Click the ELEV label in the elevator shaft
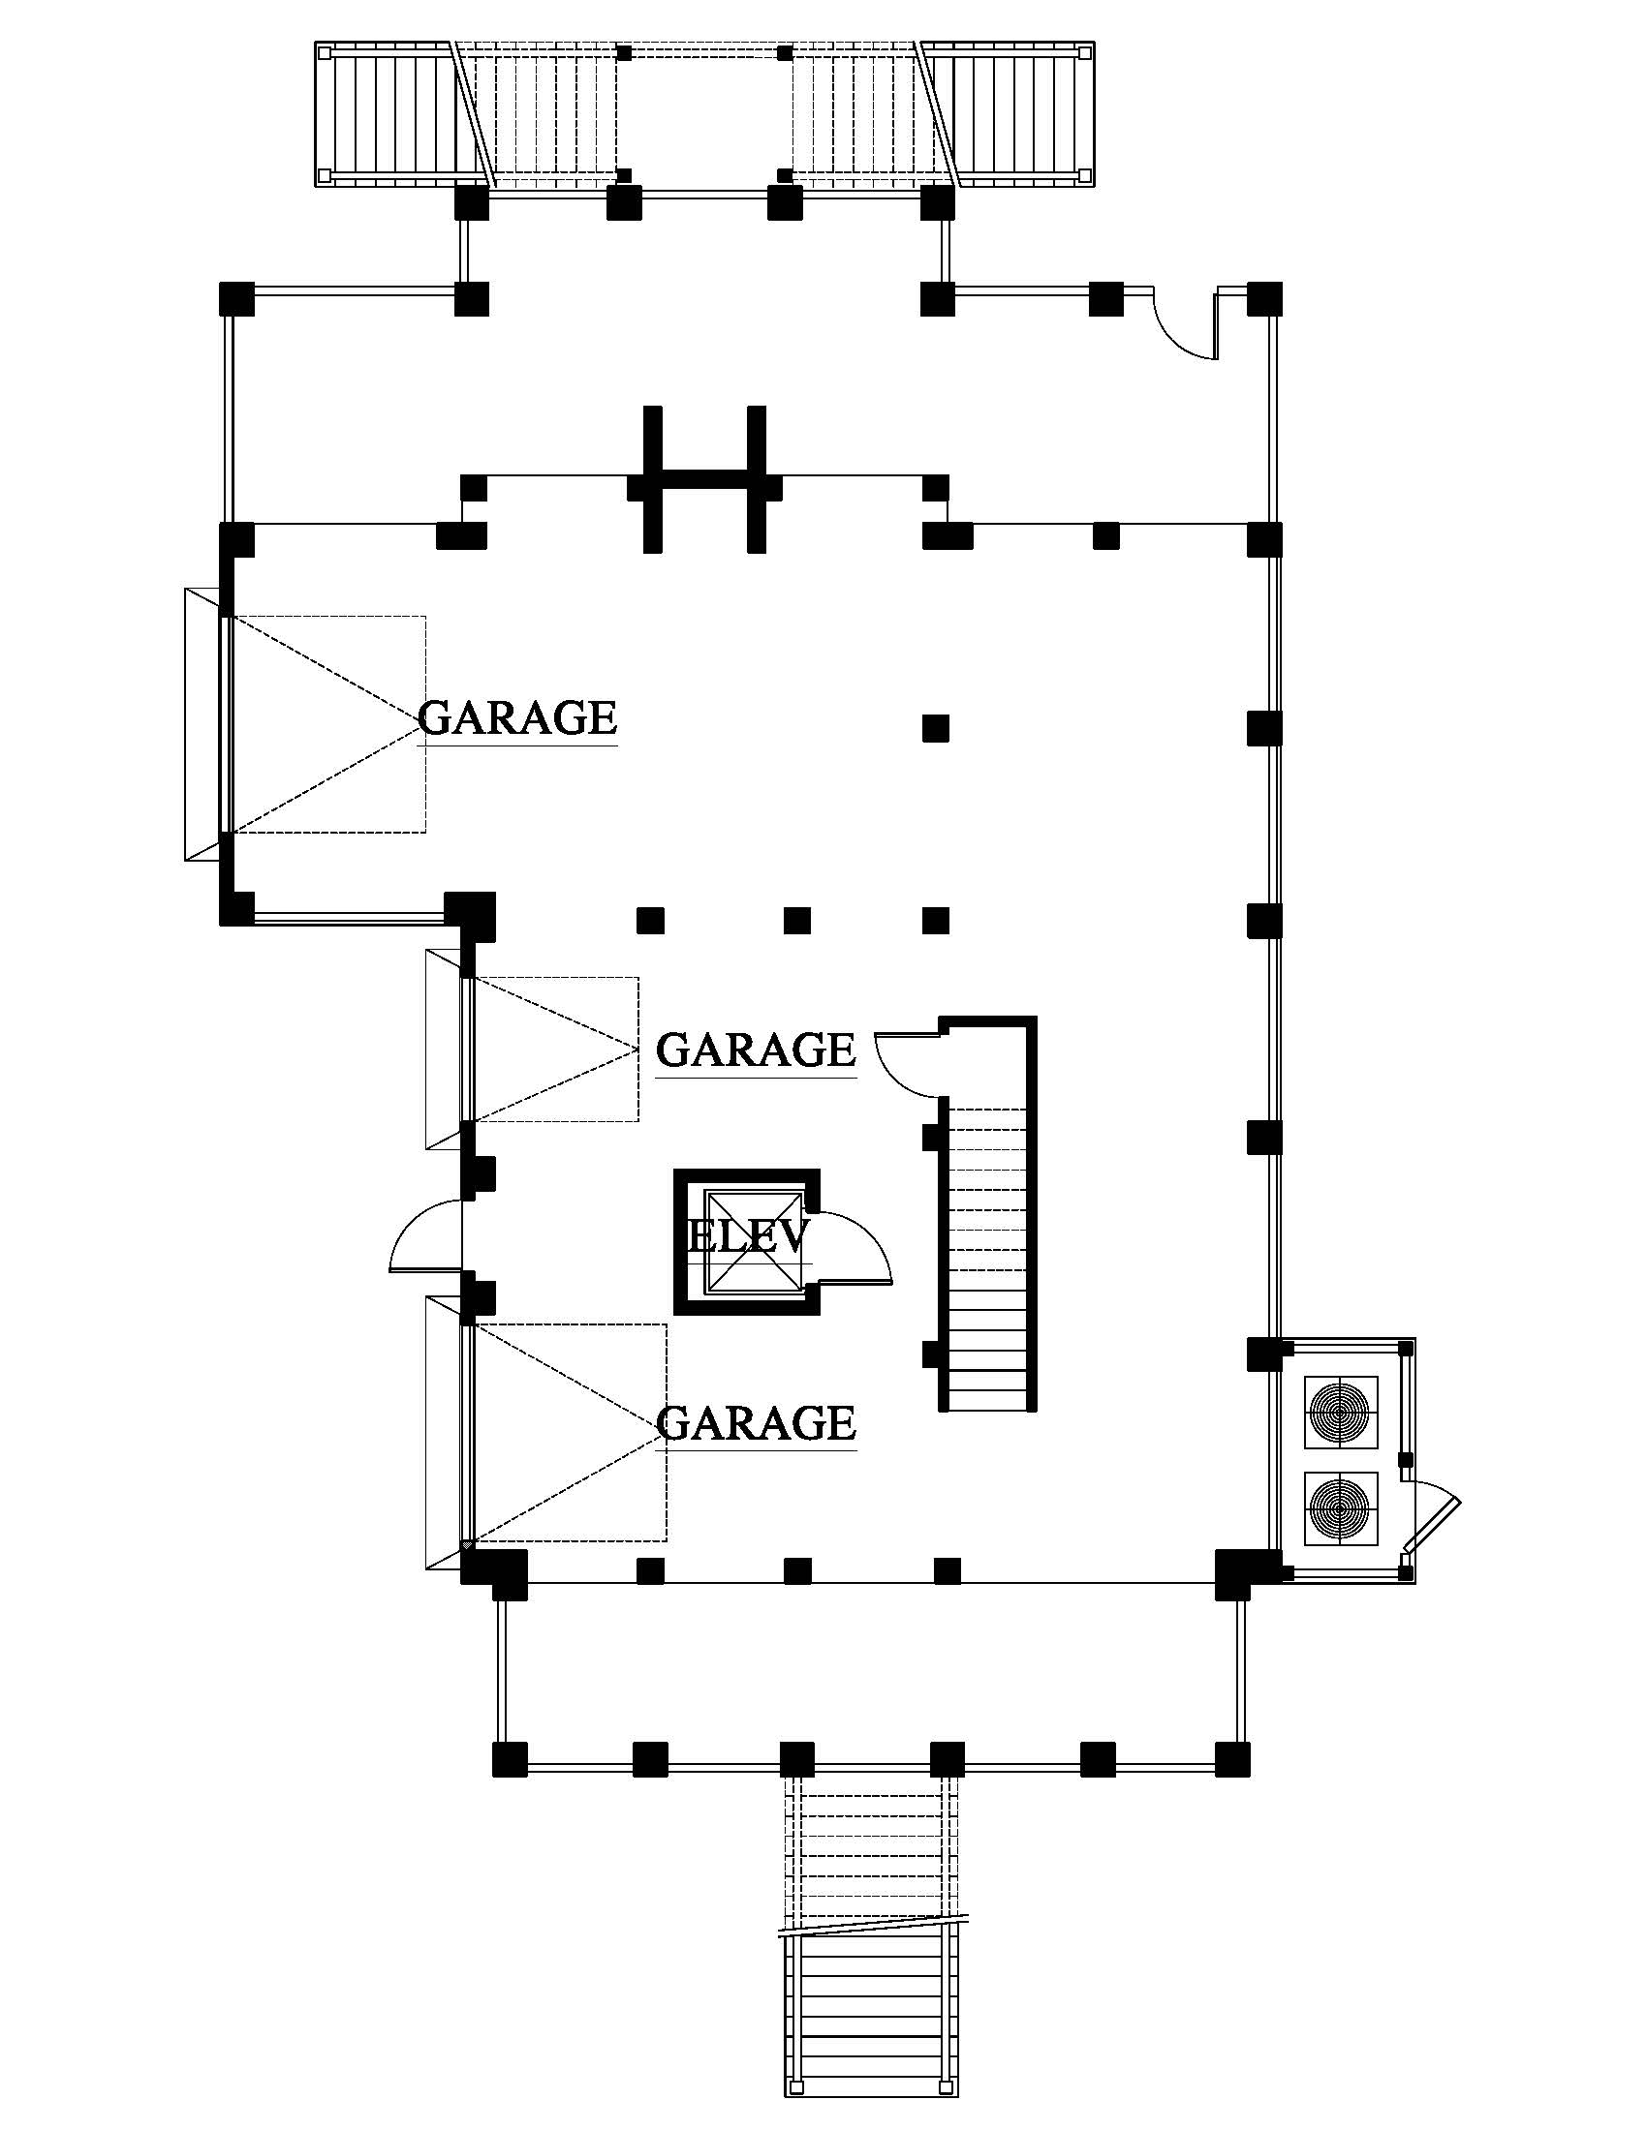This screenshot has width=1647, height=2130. click(x=747, y=1236)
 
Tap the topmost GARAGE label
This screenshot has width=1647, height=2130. click(x=517, y=717)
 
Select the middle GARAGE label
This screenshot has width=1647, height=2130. click(x=756, y=1050)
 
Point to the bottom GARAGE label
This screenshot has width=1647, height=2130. click(x=757, y=1423)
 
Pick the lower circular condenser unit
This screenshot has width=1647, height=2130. click(x=1341, y=1507)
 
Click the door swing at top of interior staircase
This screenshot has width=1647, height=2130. click(x=903, y=1065)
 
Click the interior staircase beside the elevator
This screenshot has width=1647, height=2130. click(x=987, y=1258)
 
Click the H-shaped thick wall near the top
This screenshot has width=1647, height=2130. click(x=702, y=479)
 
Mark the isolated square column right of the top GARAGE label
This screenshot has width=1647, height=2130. click(x=936, y=727)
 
